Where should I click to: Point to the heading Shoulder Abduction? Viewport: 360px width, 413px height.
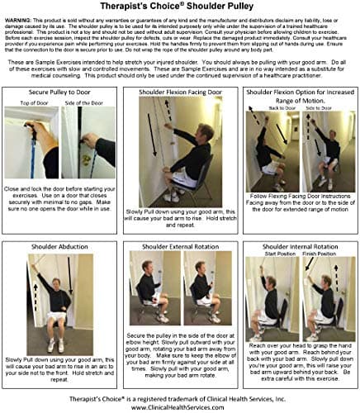(x=59, y=245)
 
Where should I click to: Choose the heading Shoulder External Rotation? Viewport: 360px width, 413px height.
(x=179, y=245)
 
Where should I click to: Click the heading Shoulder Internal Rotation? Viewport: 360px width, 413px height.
(x=300, y=245)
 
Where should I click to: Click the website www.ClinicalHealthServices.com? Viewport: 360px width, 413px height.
(x=180, y=405)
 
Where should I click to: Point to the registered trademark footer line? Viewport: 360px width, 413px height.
(x=180, y=394)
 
